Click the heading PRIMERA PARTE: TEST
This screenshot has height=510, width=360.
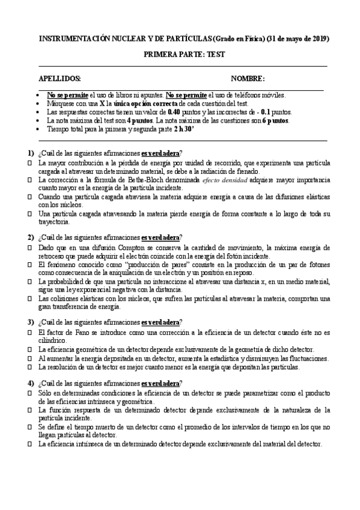183,54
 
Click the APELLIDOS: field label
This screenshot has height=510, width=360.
60,79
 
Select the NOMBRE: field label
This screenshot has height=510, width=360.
248,79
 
